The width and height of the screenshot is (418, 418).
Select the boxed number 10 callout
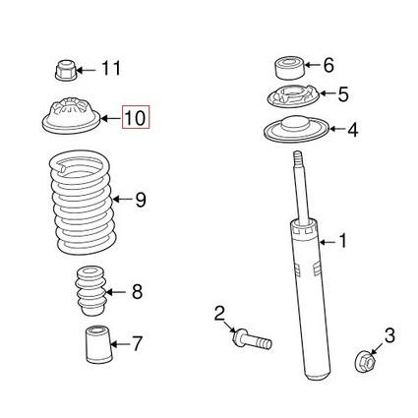pyautogui.click(x=135, y=119)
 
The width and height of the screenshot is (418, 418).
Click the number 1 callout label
pyautogui.click(x=343, y=239)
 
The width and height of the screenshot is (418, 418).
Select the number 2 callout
pyautogui.click(x=220, y=314)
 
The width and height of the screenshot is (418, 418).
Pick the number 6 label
pyautogui.click(x=328, y=66)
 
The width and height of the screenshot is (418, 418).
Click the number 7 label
pyautogui.click(x=137, y=344)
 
